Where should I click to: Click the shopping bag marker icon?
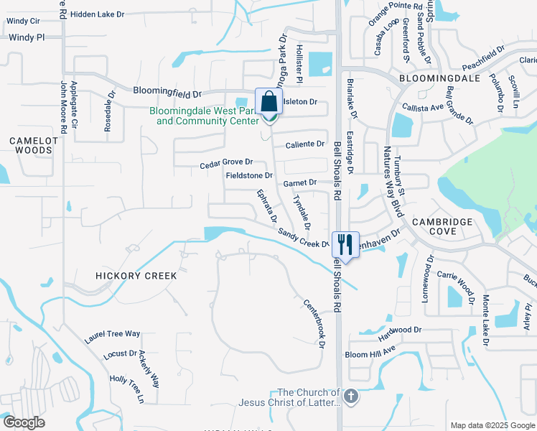pos(269,103)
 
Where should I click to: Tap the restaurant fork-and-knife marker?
pos(345,246)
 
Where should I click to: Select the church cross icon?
pos(350,397)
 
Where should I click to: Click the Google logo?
pos(24,422)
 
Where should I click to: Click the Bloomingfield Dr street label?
pos(169,91)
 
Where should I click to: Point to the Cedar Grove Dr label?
pos(227,164)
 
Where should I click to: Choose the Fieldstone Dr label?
pos(249,175)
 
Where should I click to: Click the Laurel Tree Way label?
pos(112,333)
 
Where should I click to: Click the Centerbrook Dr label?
pos(314,323)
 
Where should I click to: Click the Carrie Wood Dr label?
pos(457,284)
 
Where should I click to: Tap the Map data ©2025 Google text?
pos(492,425)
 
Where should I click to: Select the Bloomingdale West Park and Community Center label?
pos(204,116)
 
